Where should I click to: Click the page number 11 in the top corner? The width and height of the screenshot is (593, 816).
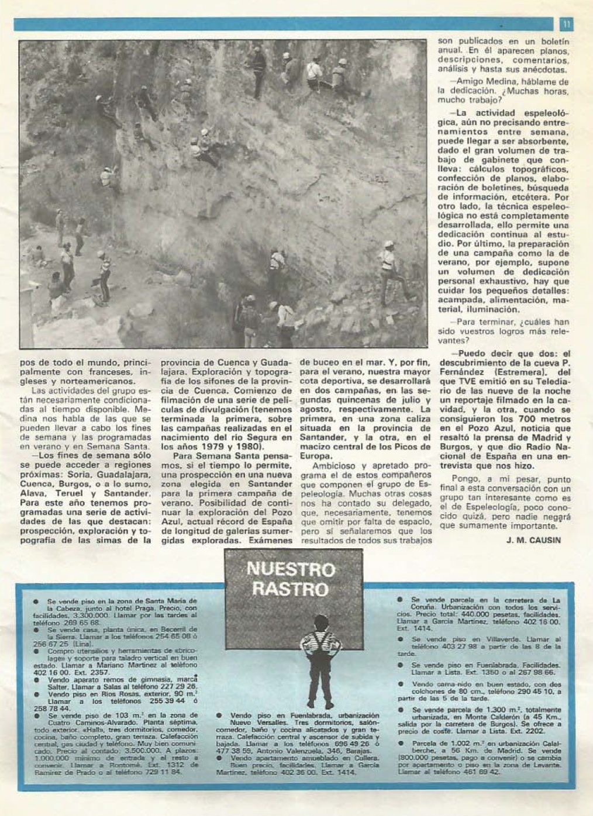tap(566, 24)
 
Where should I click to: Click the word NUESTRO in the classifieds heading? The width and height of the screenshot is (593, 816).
tap(291, 569)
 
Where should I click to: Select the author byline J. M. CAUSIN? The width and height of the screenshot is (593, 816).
tap(533, 540)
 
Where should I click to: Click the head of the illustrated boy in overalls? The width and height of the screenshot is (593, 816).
tap(320, 623)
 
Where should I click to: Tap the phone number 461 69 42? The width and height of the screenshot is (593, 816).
tap(479, 772)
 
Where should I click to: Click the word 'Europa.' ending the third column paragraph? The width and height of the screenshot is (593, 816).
tap(316, 456)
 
